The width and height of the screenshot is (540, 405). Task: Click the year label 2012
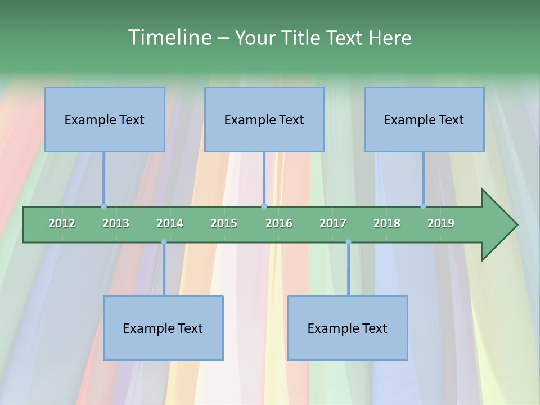click(x=62, y=223)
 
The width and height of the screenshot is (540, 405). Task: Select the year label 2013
click(x=116, y=223)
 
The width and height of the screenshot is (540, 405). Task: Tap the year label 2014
click(x=170, y=223)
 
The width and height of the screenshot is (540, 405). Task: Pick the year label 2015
click(x=224, y=223)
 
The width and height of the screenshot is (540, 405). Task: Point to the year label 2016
click(x=279, y=223)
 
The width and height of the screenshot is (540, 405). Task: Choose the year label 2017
click(x=333, y=223)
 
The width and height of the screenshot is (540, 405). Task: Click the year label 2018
click(x=387, y=223)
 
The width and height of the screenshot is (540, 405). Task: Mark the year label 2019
click(x=441, y=223)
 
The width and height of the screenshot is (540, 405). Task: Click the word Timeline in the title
click(x=168, y=38)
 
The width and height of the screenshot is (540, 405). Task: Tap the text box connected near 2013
click(x=105, y=119)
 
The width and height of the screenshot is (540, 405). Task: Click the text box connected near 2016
click(x=264, y=119)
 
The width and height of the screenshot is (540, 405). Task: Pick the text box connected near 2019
click(x=424, y=119)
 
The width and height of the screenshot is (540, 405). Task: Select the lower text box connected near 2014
click(x=163, y=328)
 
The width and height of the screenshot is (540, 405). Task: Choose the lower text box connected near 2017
click(x=348, y=328)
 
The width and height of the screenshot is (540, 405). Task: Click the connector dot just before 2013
click(x=103, y=206)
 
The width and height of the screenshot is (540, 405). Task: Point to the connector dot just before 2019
click(x=423, y=206)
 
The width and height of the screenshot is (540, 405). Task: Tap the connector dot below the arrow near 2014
click(x=164, y=242)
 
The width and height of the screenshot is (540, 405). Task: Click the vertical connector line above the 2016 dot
click(x=264, y=177)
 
